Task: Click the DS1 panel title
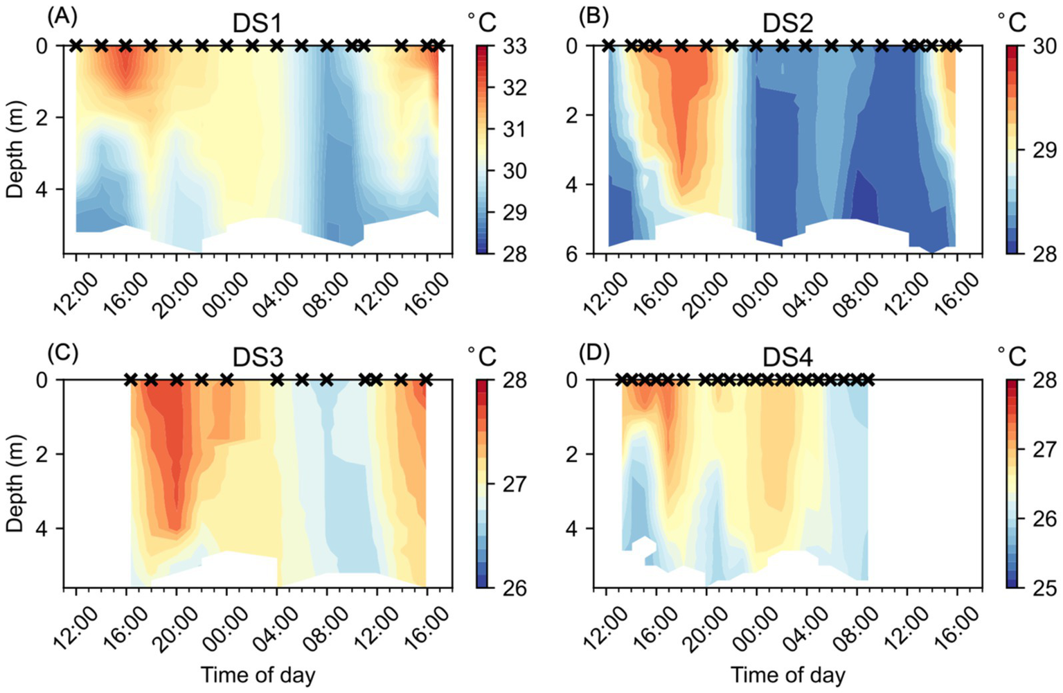[258, 24]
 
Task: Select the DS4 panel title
[787, 358]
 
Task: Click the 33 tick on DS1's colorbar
[515, 46]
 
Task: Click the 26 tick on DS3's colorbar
[515, 588]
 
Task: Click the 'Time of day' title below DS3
[258, 674]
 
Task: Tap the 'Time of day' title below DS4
[787, 674]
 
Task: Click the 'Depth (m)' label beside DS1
[15, 150]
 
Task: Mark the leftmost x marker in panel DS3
[130, 380]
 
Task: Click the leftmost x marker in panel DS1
[76, 46]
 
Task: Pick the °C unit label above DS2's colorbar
[1012, 23]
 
